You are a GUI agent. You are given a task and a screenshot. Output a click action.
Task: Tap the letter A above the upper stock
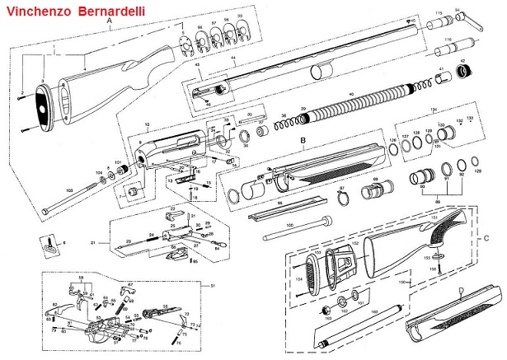click(110, 30)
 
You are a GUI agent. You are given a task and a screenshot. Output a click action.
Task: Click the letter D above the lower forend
click(460, 288)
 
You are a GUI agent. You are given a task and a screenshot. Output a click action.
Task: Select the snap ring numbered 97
click(340, 199)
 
